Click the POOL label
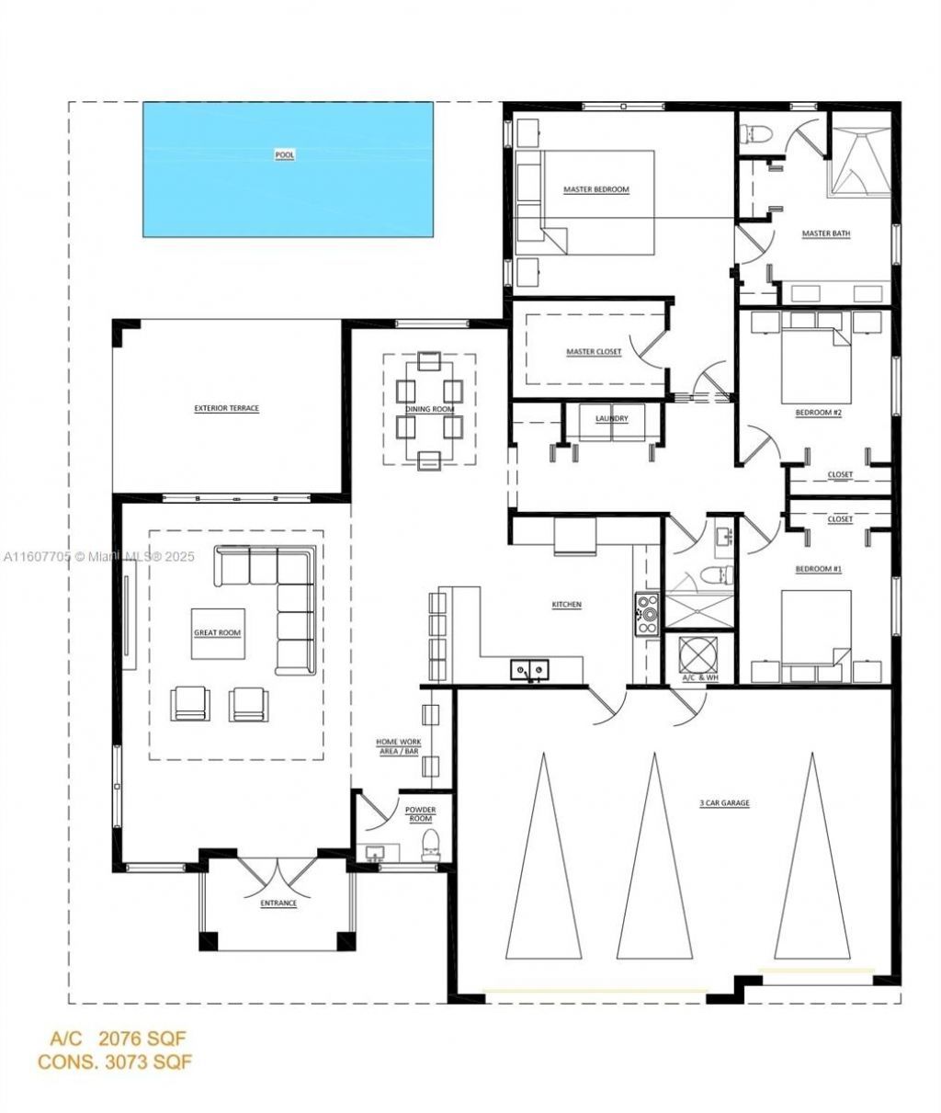point(284,155)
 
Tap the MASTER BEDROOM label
point(595,189)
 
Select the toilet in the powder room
point(430,845)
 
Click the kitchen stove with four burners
point(647,613)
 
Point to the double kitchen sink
point(529,670)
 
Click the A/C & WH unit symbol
point(698,653)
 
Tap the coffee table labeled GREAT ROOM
point(218,633)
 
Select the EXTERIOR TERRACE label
point(227,408)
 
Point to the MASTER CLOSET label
point(594,352)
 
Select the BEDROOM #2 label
point(818,413)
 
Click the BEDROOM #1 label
point(818,569)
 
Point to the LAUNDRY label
point(611,418)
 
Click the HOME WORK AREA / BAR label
point(399,746)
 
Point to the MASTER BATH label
point(826,233)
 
